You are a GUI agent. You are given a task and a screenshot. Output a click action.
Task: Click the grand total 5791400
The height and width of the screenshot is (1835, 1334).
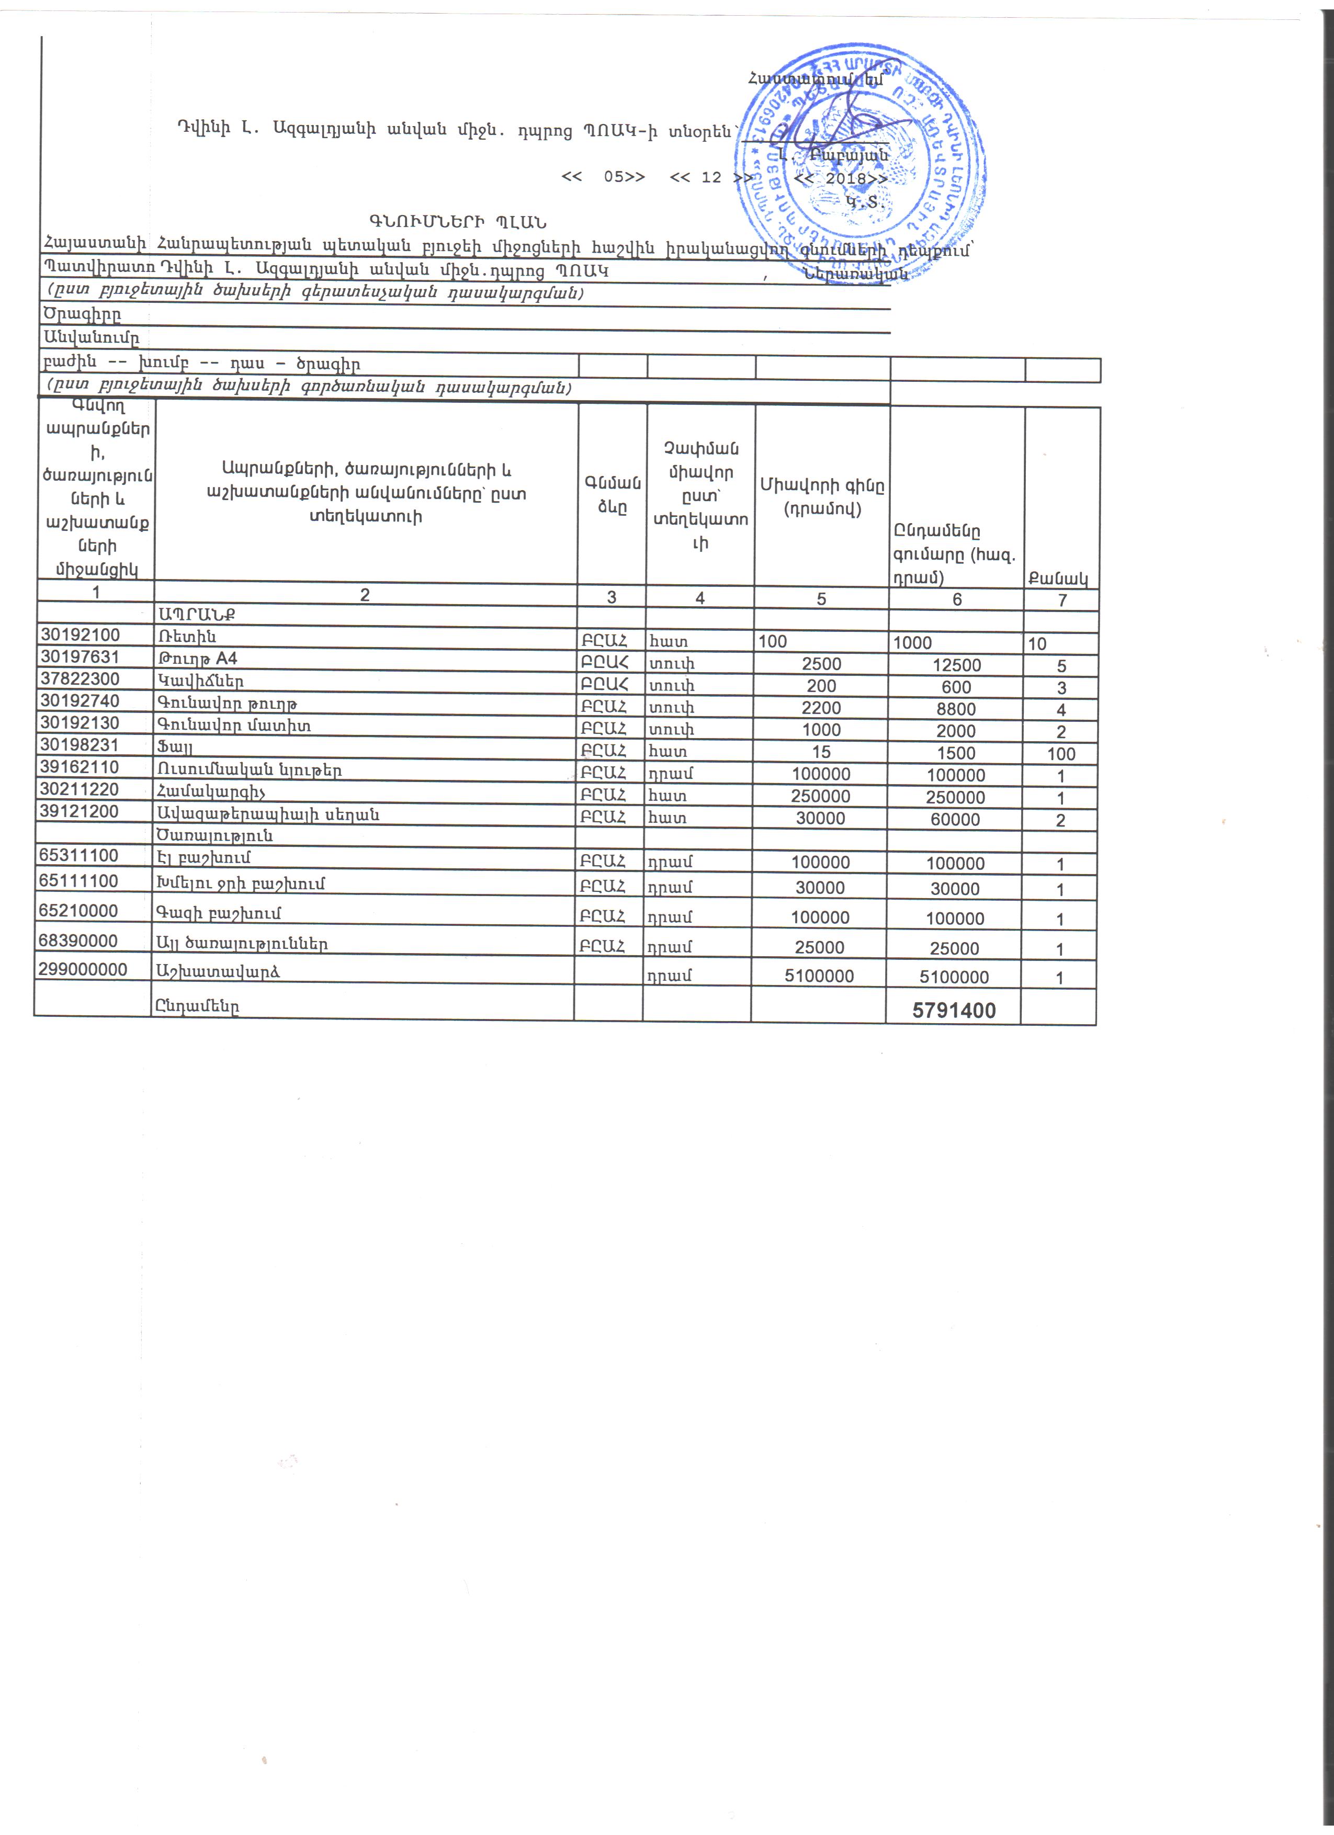coord(953,1010)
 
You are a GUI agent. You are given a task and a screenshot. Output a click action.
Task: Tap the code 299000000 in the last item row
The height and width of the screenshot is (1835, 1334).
coord(83,969)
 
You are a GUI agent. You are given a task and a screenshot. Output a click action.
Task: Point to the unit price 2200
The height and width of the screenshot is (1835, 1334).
coord(821,708)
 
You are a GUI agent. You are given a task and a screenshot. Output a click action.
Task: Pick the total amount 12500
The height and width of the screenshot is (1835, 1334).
coord(956,665)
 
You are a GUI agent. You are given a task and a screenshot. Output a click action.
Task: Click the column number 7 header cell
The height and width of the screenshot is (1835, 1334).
coord(1062,599)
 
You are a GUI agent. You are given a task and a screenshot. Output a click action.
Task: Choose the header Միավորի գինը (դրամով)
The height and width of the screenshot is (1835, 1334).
coord(822,497)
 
